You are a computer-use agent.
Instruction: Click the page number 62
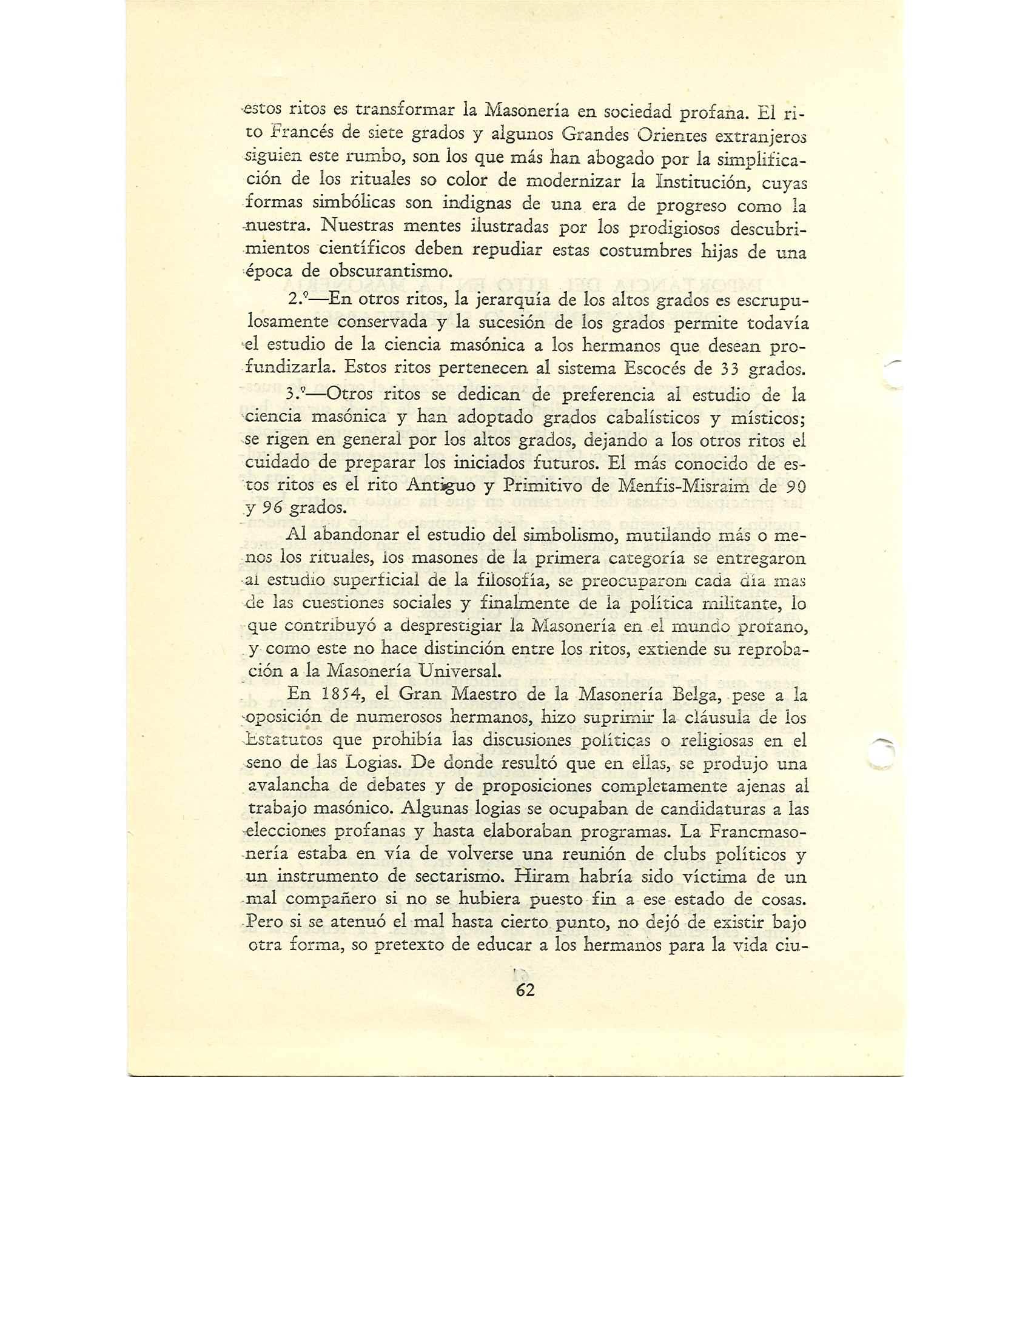pyautogui.click(x=525, y=991)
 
